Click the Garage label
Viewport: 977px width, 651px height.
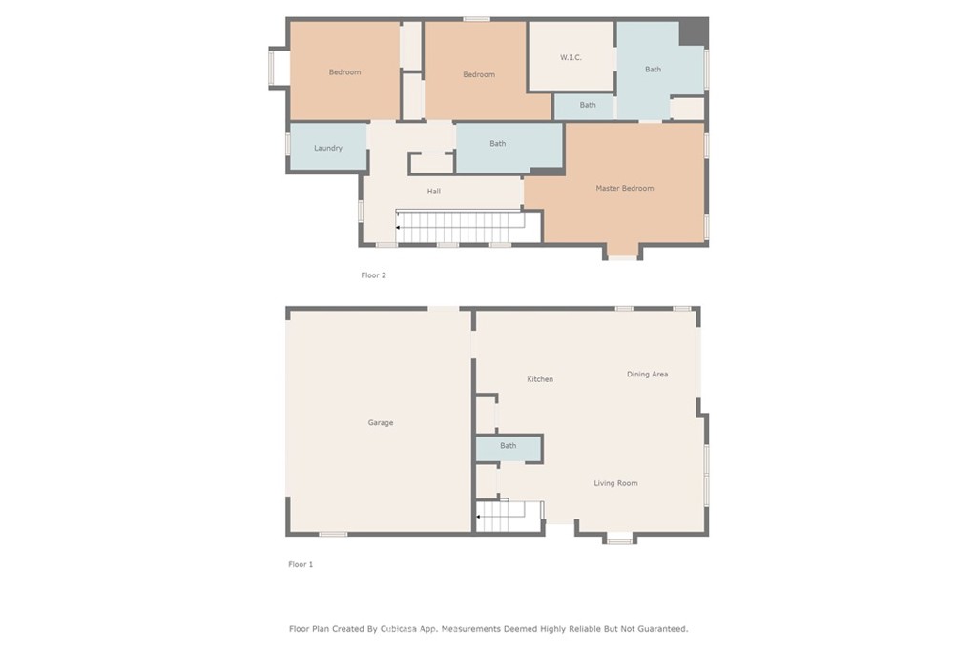pos(381,422)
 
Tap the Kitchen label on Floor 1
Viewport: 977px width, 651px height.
pos(540,379)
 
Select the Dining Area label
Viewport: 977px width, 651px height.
pos(647,375)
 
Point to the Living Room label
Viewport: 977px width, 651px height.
pos(615,483)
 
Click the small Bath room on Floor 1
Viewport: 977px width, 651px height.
pos(509,446)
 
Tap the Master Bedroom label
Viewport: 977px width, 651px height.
pos(625,188)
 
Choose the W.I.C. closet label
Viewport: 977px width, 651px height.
pos(571,57)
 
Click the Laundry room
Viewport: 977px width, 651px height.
pos(328,148)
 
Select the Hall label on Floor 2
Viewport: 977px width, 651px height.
pos(434,192)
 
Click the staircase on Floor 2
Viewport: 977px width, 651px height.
pos(461,227)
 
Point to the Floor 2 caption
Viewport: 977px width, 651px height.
pos(373,275)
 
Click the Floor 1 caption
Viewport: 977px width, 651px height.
pos(301,564)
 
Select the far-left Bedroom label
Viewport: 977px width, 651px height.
pos(344,72)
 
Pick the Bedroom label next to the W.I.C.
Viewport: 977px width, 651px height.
pos(479,74)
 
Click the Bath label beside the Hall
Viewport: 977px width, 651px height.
pos(498,144)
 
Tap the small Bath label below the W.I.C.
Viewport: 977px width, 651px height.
pos(588,105)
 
